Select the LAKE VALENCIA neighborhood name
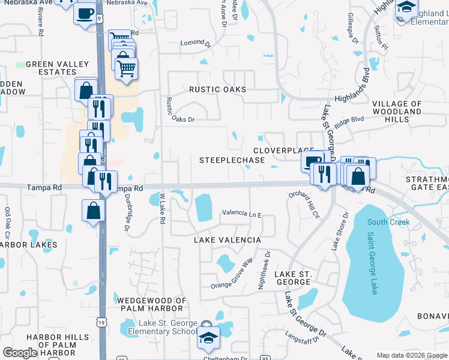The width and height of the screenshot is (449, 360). tap(227, 240)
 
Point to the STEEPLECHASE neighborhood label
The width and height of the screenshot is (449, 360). tap(232, 160)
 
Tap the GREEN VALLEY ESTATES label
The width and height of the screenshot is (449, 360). tap(57, 68)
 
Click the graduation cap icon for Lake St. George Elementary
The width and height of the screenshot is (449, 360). tap(208, 338)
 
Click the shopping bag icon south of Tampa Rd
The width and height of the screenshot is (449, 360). tap(94, 211)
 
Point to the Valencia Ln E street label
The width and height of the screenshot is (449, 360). tap(242, 213)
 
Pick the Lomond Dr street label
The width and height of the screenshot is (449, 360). tap(196, 43)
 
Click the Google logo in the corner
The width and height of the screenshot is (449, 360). tap(20, 353)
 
